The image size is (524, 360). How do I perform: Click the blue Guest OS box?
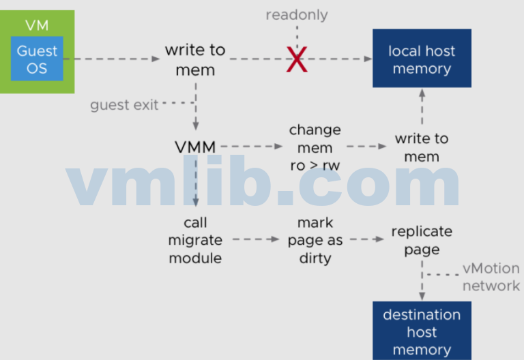[x=37, y=59]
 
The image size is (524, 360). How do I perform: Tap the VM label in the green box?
[x=37, y=25]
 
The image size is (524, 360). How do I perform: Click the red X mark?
[x=297, y=60]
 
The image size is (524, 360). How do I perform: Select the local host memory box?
[x=422, y=59]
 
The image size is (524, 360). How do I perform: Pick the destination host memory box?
[x=422, y=331]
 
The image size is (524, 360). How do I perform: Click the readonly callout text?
[x=297, y=14]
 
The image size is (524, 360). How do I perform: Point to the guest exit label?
[x=124, y=104]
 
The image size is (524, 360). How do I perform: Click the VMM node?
[x=195, y=146]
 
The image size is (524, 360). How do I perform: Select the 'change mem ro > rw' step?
[x=315, y=147]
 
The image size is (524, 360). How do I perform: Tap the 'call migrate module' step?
[x=195, y=240]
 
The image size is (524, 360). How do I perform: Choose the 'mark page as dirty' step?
[x=315, y=240]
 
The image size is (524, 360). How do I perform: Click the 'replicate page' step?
[x=422, y=240]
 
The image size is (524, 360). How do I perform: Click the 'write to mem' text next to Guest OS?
[x=195, y=59]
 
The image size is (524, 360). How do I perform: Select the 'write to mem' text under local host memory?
[x=422, y=147]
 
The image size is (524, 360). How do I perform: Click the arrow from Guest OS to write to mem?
[x=113, y=59]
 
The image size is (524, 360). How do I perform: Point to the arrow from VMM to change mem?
[x=251, y=146]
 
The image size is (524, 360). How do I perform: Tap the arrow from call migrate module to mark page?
[x=256, y=239]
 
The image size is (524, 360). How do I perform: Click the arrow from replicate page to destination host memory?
[x=422, y=280]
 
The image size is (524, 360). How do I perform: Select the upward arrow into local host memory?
[x=422, y=106]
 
